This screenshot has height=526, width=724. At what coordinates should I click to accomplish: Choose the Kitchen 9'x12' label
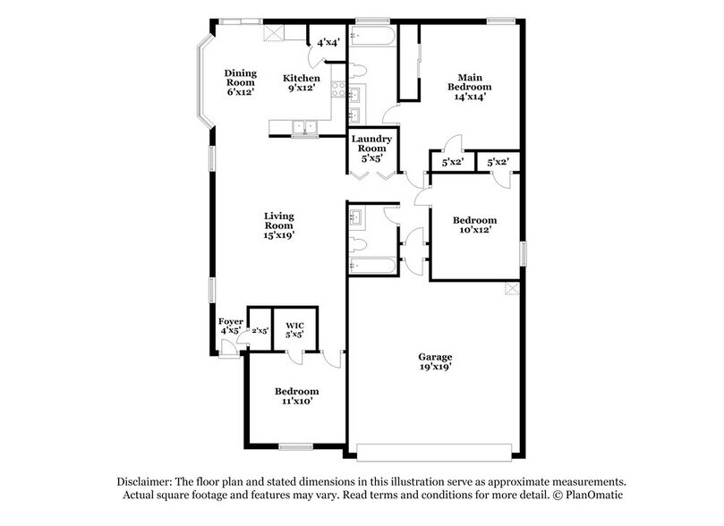pyautogui.click(x=302, y=83)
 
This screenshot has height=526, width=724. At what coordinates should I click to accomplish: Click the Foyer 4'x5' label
pyautogui.click(x=230, y=326)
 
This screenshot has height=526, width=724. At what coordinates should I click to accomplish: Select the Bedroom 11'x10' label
pyautogui.click(x=296, y=397)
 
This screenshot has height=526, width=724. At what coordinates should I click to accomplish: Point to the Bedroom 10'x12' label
pyautogui.click(x=474, y=225)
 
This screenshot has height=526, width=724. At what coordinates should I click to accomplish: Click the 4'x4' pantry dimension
pyautogui.click(x=328, y=42)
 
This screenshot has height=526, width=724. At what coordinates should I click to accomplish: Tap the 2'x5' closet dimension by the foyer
pyautogui.click(x=259, y=330)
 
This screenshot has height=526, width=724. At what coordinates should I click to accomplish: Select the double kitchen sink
pyautogui.click(x=309, y=127)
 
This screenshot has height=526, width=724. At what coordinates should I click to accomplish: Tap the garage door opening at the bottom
pyautogui.click(x=435, y=448)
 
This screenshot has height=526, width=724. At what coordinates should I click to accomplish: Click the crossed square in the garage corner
pyautogui.click(x=512, y=288)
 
